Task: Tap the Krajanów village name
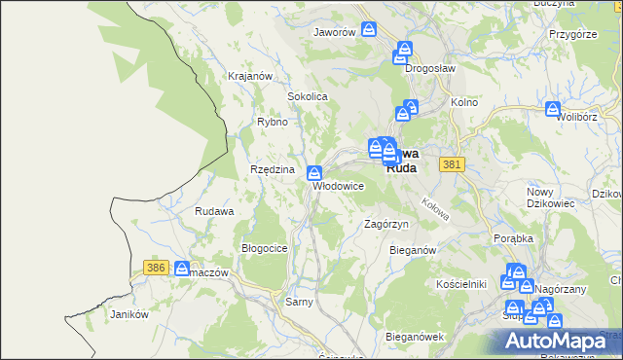[x=248, y=76]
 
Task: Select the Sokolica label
[x=307, y=97]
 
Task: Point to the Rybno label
[x=272, y=123]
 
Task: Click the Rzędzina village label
[x=272, y=169]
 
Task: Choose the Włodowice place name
[x=337, y=186]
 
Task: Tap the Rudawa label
[x=214, y=211]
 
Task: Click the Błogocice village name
[x=264, y=248]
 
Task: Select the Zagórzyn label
[x=385, y=224]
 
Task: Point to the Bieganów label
[x=412, y=250]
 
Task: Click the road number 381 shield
[x=450, y=165]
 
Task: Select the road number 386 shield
[x=154, y=267]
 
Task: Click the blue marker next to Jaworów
[x=369, y=29]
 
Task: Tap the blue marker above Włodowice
[x=314, y=173]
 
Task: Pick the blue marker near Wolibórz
[x=554, y=109]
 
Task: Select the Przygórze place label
[x=571, y=34]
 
